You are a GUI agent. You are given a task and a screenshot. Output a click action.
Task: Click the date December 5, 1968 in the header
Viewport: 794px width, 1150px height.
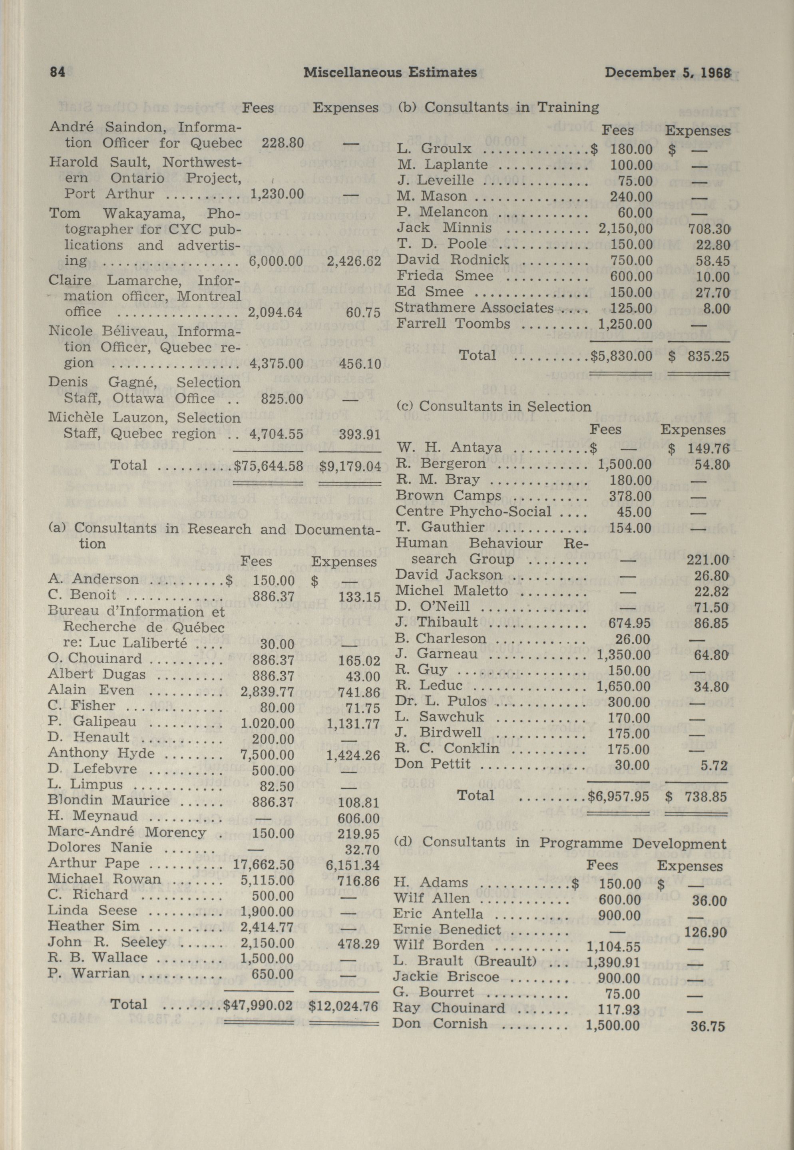[x=667, y=73]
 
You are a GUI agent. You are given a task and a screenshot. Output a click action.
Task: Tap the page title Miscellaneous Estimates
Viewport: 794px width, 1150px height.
[x=390, y=73]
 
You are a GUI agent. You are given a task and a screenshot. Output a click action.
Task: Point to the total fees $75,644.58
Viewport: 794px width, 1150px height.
[x=269, y=466]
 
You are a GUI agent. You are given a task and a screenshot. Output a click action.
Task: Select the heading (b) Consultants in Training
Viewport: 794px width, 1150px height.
[x=497, y=107]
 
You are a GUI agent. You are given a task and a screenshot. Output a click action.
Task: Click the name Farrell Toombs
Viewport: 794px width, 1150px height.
[x=453, y=324]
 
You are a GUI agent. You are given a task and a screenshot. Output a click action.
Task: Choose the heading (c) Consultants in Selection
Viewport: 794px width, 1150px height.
[x=494, y=406]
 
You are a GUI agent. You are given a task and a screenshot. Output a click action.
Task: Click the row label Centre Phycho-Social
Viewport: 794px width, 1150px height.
[x=474, y=511]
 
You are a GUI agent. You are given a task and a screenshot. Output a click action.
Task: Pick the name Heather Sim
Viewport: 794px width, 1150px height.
[x=94, y=926]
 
